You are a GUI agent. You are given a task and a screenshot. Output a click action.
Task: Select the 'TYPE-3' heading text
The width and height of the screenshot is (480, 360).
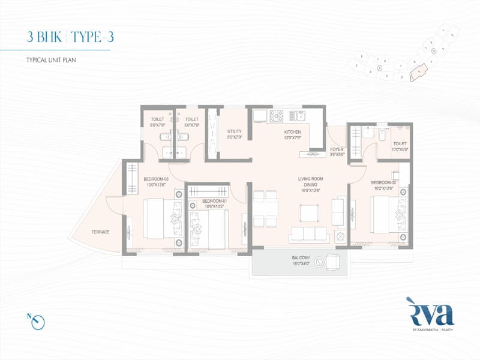click(92, 37)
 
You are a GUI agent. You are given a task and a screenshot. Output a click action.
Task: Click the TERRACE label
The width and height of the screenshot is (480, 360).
click(100, 232)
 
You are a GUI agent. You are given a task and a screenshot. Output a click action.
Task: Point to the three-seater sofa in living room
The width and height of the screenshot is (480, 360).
click(308, 235)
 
